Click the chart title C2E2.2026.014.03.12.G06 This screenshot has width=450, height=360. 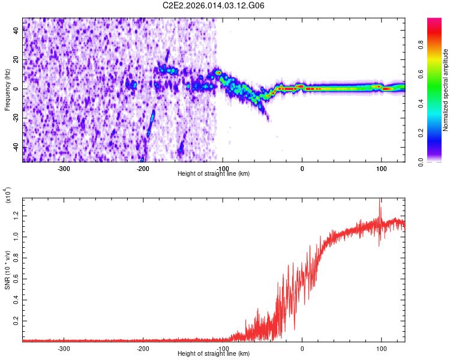pyautogui.click(x=214, y=5)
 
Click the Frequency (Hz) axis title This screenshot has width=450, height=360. pyautogui.click(x=8, y=89)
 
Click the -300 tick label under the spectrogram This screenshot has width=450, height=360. pyautogui.click(x=64, y=168)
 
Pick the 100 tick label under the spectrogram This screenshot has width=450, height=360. pyautogui.click(x=381, y=168)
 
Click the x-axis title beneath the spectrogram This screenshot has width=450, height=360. pyautogui.click(x=214, y=174)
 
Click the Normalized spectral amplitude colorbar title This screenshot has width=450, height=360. pyautogui.click(x=445, y=90)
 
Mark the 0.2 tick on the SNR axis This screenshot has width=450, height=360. pyautogui.click(x=17, y=321)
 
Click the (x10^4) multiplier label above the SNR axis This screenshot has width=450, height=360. pyautogui.click(x=8, y=196)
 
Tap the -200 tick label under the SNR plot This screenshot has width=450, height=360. pyautogui.click(x=143, y=348)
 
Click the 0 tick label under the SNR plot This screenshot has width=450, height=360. pyautogui.click(x=302, y=348)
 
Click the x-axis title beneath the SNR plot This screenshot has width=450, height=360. pyautogui.click(x=214, y=354)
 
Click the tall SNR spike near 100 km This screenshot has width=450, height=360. pyautogui.click(x=379, y=204)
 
